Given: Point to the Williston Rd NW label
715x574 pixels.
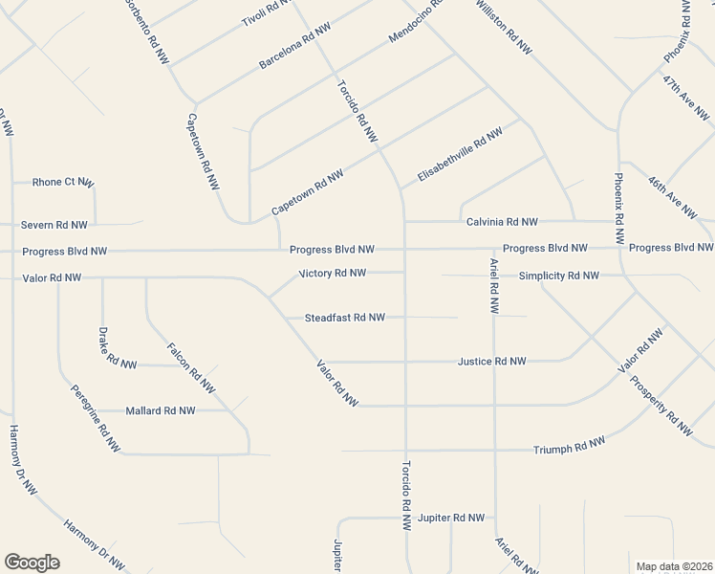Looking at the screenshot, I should pos(503,27).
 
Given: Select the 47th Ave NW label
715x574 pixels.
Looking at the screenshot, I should pos(685,97).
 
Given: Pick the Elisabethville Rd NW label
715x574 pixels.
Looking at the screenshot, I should pos(460,156).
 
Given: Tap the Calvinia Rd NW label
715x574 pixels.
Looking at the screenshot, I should pos(502,222).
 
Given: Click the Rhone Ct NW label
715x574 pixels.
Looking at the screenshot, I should pos(63,182).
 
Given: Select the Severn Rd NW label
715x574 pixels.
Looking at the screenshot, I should pos(54,225).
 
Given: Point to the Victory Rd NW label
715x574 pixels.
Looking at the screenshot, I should pos(332,273).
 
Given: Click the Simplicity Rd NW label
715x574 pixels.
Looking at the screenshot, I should pos(558,276).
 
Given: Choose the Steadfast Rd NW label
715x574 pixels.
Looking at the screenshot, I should pos(344,318).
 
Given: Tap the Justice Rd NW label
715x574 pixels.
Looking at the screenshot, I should pos(491,362).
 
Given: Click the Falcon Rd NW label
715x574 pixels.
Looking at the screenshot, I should pos(190,368).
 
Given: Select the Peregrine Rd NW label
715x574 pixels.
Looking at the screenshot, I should pos(95,418).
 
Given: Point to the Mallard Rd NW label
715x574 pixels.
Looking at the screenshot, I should pos(161,410).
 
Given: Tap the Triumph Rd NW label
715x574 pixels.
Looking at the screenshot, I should pos(569,446).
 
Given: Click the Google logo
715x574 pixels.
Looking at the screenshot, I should pos(32,563).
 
